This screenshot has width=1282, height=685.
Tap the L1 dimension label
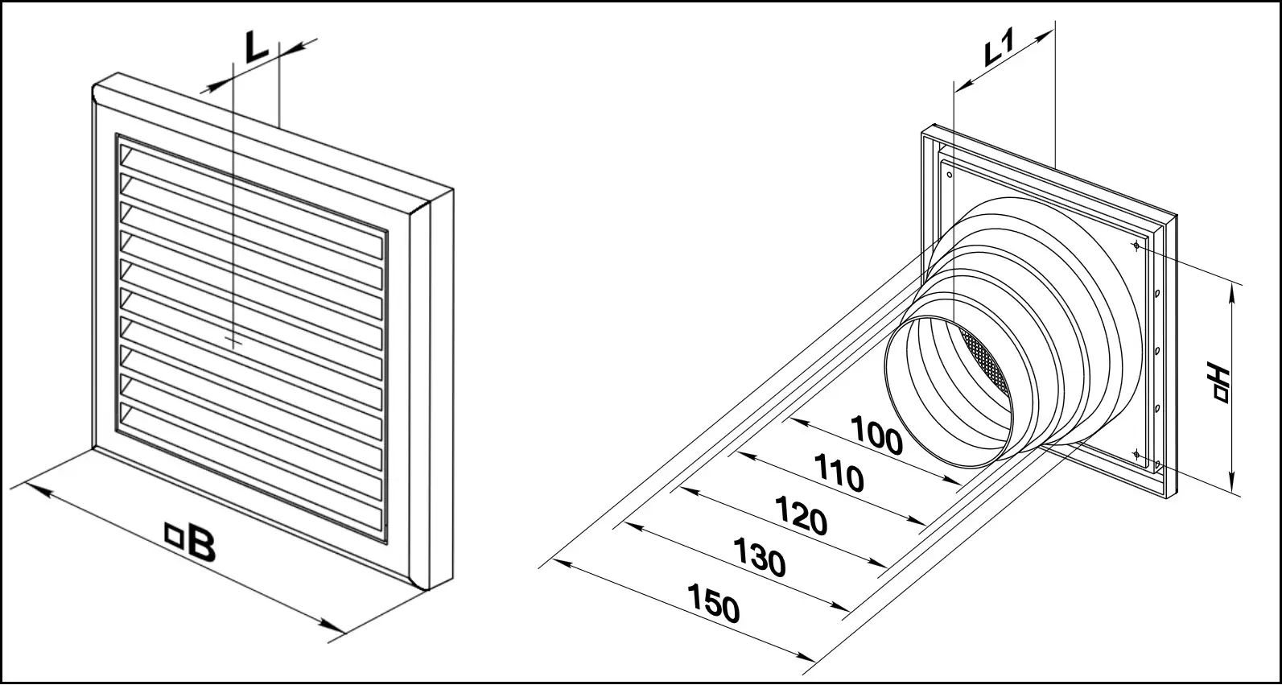1000,47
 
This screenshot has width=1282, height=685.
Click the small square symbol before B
173,533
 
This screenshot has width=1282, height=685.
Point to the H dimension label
1218,382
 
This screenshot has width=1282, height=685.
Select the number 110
839,472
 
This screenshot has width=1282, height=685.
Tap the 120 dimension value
802,515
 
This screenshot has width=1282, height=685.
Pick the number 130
760,557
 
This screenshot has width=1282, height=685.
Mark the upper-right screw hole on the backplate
1136,246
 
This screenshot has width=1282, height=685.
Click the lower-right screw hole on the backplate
1136,454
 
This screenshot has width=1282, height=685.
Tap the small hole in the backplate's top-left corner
950,175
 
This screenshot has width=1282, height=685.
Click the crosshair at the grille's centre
234,342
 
